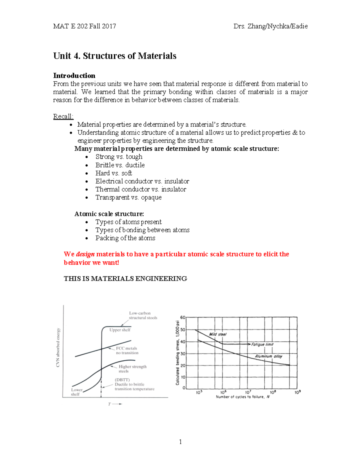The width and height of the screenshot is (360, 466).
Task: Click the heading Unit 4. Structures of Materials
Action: [x=115, y=56]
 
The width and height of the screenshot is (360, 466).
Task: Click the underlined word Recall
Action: [x=63, y=116]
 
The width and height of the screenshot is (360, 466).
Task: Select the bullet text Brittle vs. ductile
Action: [x=120, y=165]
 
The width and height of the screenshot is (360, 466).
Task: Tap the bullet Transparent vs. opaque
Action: [x=128, y=197]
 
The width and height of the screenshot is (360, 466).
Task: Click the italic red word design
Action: [x=85, y=254]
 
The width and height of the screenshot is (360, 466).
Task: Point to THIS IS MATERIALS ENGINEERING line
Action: [x=125, y=279]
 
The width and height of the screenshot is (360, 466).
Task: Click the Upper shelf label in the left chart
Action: [x=120, y=330]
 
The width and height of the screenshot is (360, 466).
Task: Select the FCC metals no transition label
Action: [x=127, y=350]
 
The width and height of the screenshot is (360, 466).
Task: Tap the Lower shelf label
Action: [x=76, y=392]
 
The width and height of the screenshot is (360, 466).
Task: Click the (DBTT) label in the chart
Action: [x=122, y=380]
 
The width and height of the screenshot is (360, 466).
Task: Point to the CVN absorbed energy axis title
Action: [x=58, y=347]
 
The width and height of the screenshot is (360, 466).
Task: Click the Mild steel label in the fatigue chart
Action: [x=218, y=334]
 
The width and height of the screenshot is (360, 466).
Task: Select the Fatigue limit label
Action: [x=262, y=344]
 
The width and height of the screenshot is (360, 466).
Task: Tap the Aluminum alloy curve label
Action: [x=268, y=356]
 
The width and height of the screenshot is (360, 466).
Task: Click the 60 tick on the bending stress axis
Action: [x=182, y=317]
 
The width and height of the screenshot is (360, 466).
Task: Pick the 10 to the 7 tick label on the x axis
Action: [x=248, y=392]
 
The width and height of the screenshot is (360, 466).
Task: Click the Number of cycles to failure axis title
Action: [x=243, y=397]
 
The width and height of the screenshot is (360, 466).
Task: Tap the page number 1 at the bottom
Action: [x=180, y=442]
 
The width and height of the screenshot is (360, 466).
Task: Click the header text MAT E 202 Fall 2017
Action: [x=85, y=26]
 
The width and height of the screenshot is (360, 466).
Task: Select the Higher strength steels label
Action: [x=132, y=369]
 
